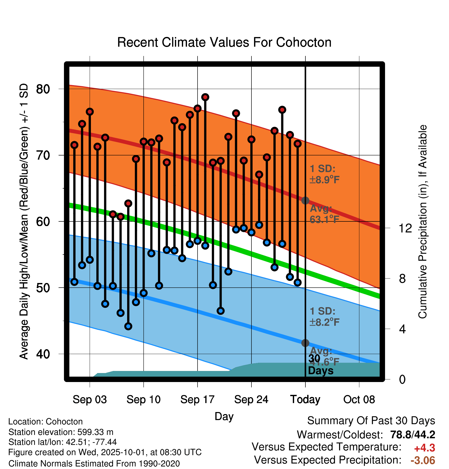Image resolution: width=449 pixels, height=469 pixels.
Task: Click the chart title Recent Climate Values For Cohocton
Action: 224,42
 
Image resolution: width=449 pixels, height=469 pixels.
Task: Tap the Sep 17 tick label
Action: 197,399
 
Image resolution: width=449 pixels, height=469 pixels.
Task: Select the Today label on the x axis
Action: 305,399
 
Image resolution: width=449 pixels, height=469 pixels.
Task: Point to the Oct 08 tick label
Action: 359,399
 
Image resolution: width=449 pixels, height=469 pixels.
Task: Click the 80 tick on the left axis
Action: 43,89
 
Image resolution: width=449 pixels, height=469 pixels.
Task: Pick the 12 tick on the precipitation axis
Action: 405,228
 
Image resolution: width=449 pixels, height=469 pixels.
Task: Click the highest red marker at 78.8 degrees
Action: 205,97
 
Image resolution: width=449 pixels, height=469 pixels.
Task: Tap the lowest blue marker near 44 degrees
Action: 128,326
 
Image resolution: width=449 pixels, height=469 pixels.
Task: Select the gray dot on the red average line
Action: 305,200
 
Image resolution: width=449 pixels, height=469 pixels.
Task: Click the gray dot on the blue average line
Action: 305,343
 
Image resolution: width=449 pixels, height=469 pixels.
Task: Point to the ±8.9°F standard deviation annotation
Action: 324,174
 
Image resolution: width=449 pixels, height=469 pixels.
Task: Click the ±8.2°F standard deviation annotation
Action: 324,317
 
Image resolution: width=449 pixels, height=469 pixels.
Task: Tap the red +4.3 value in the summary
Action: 424,448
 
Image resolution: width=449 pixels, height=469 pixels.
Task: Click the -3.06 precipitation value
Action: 423,460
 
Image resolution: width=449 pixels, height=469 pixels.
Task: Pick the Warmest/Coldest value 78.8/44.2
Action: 413,435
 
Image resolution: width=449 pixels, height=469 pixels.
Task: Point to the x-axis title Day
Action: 224,416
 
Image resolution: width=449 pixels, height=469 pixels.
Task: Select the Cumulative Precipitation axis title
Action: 423,222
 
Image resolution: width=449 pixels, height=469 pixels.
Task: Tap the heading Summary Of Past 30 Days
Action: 371,421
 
